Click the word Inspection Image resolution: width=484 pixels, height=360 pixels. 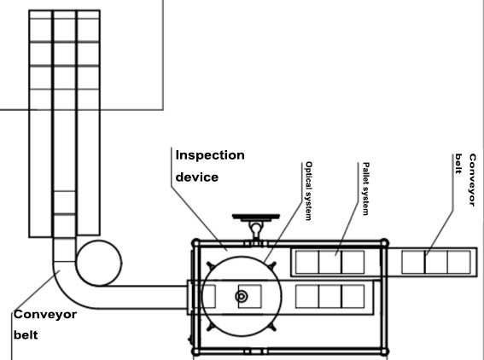tap(210, 155)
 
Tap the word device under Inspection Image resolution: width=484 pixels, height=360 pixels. tap(197, 177)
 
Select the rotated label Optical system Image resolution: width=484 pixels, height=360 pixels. tap(308, 191)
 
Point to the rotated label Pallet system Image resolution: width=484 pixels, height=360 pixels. tap(365, 189)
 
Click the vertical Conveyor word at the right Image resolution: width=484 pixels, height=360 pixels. tap(472, 180)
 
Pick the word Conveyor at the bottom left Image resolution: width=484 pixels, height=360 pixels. tap(45, 315)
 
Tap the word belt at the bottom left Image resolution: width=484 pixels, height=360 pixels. tap(26, 335)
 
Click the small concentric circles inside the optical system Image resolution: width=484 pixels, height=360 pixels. tap(242, 297)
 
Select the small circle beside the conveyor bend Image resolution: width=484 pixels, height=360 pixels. tap(99, 263)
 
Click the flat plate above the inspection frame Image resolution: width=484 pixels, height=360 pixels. tap(256, 217)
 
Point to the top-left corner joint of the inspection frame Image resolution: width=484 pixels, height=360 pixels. tap(195, 243)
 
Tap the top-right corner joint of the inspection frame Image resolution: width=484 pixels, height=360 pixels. tap(384, 243)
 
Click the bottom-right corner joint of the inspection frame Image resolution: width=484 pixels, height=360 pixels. tap(384, 351)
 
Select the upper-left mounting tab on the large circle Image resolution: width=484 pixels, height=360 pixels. tap(210, 265)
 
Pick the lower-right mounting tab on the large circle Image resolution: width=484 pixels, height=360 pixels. tap(272, 328)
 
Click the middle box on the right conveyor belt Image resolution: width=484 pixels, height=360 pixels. tap(436, 262)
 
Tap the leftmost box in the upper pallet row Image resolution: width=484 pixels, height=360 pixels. tap(307, 262)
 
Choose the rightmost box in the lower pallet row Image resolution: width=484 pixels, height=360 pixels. tap(353, 297)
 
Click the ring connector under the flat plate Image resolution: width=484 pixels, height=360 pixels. tap(256, 229)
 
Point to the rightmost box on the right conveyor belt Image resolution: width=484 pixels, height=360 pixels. tap(459, 262)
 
